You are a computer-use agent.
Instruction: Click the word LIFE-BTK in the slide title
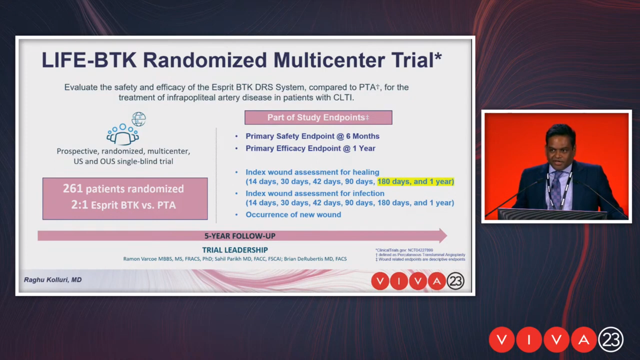(89, 60)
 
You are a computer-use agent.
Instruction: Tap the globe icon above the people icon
(139, 119)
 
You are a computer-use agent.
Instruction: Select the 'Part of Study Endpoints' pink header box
(318, 118)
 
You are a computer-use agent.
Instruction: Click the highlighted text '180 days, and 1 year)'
(416, 182)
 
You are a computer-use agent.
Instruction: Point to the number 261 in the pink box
(73, 189)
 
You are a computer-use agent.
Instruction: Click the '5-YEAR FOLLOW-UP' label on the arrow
(240, 236)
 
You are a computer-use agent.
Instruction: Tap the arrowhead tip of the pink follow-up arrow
(447, 236)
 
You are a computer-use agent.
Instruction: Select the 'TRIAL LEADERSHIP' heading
(235, 250)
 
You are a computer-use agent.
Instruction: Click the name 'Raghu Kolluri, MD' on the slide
(53, 280)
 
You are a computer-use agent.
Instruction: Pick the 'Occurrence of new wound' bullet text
(293, 215)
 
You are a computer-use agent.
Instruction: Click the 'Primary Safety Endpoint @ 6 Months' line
(313, 136)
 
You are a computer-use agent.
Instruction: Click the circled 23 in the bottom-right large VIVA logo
(611, 340)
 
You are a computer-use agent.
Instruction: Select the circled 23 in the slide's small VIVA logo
(455, 281)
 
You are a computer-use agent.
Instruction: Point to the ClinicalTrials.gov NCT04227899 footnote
(404, 250)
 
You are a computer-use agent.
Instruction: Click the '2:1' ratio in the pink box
(79, 205)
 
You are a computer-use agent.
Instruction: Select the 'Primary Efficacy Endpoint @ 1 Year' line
(311, 148)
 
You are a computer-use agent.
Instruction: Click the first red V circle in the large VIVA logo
(502, 340)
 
